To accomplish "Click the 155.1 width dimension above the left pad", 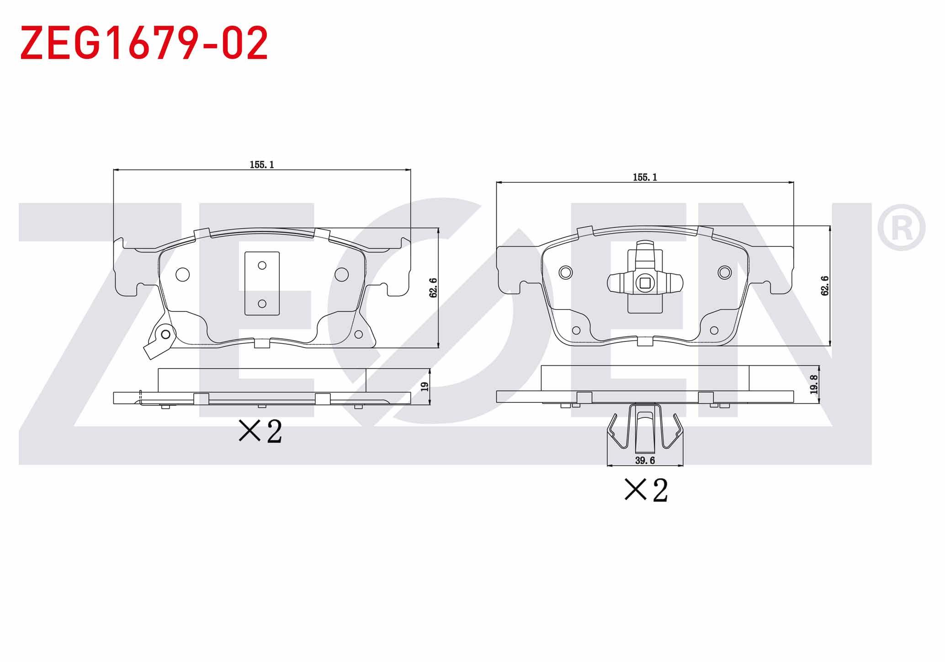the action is tap(262, 165).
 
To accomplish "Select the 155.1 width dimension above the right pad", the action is tap(645, 177).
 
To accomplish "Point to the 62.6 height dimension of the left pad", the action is tap(433, 288).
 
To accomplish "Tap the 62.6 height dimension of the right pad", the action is tap(825, 286).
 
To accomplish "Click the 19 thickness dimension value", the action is tap(425, 386).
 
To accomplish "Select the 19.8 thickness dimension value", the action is tap(813, 384).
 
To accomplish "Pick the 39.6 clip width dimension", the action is tap(645, 460).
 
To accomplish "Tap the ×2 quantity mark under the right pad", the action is tap(646, 490).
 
